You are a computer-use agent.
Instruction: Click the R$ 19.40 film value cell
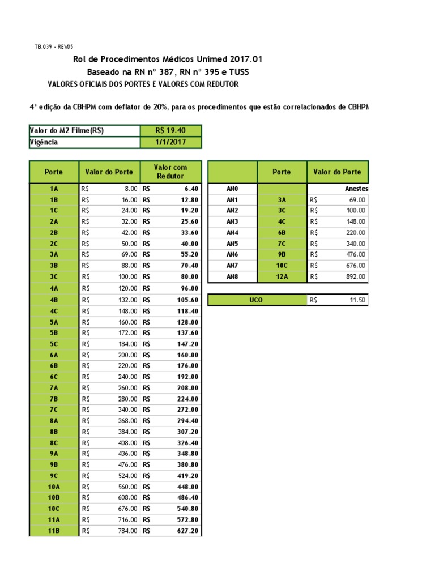(170, 131)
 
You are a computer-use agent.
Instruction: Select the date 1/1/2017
(170, 142)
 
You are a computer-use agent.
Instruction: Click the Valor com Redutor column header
(170, 172)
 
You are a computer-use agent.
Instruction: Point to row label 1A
(54, 189)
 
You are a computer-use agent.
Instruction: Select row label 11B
(54, 531)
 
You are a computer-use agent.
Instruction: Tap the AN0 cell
(232, 189)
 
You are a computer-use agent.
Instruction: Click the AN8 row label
(232, 276)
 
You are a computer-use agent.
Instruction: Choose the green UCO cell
(256, 300)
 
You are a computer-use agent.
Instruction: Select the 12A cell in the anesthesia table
(282, 276)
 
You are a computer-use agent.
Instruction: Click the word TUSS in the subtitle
(237, 72)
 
